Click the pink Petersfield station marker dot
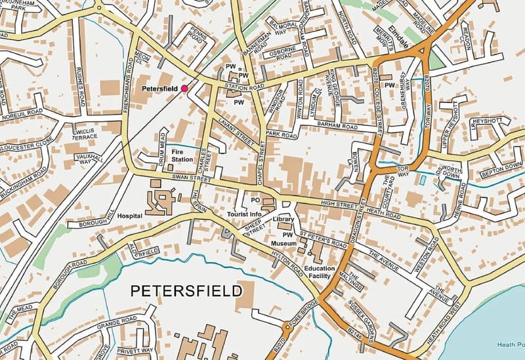(x=184, y=87)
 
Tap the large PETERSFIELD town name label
(x=186, y=290)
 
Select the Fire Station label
(x=182, y=155)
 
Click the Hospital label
(x=131, y=215)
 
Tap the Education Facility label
(x=320, y=272)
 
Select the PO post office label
(x=256, y=200)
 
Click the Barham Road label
(x=337, y=125)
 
